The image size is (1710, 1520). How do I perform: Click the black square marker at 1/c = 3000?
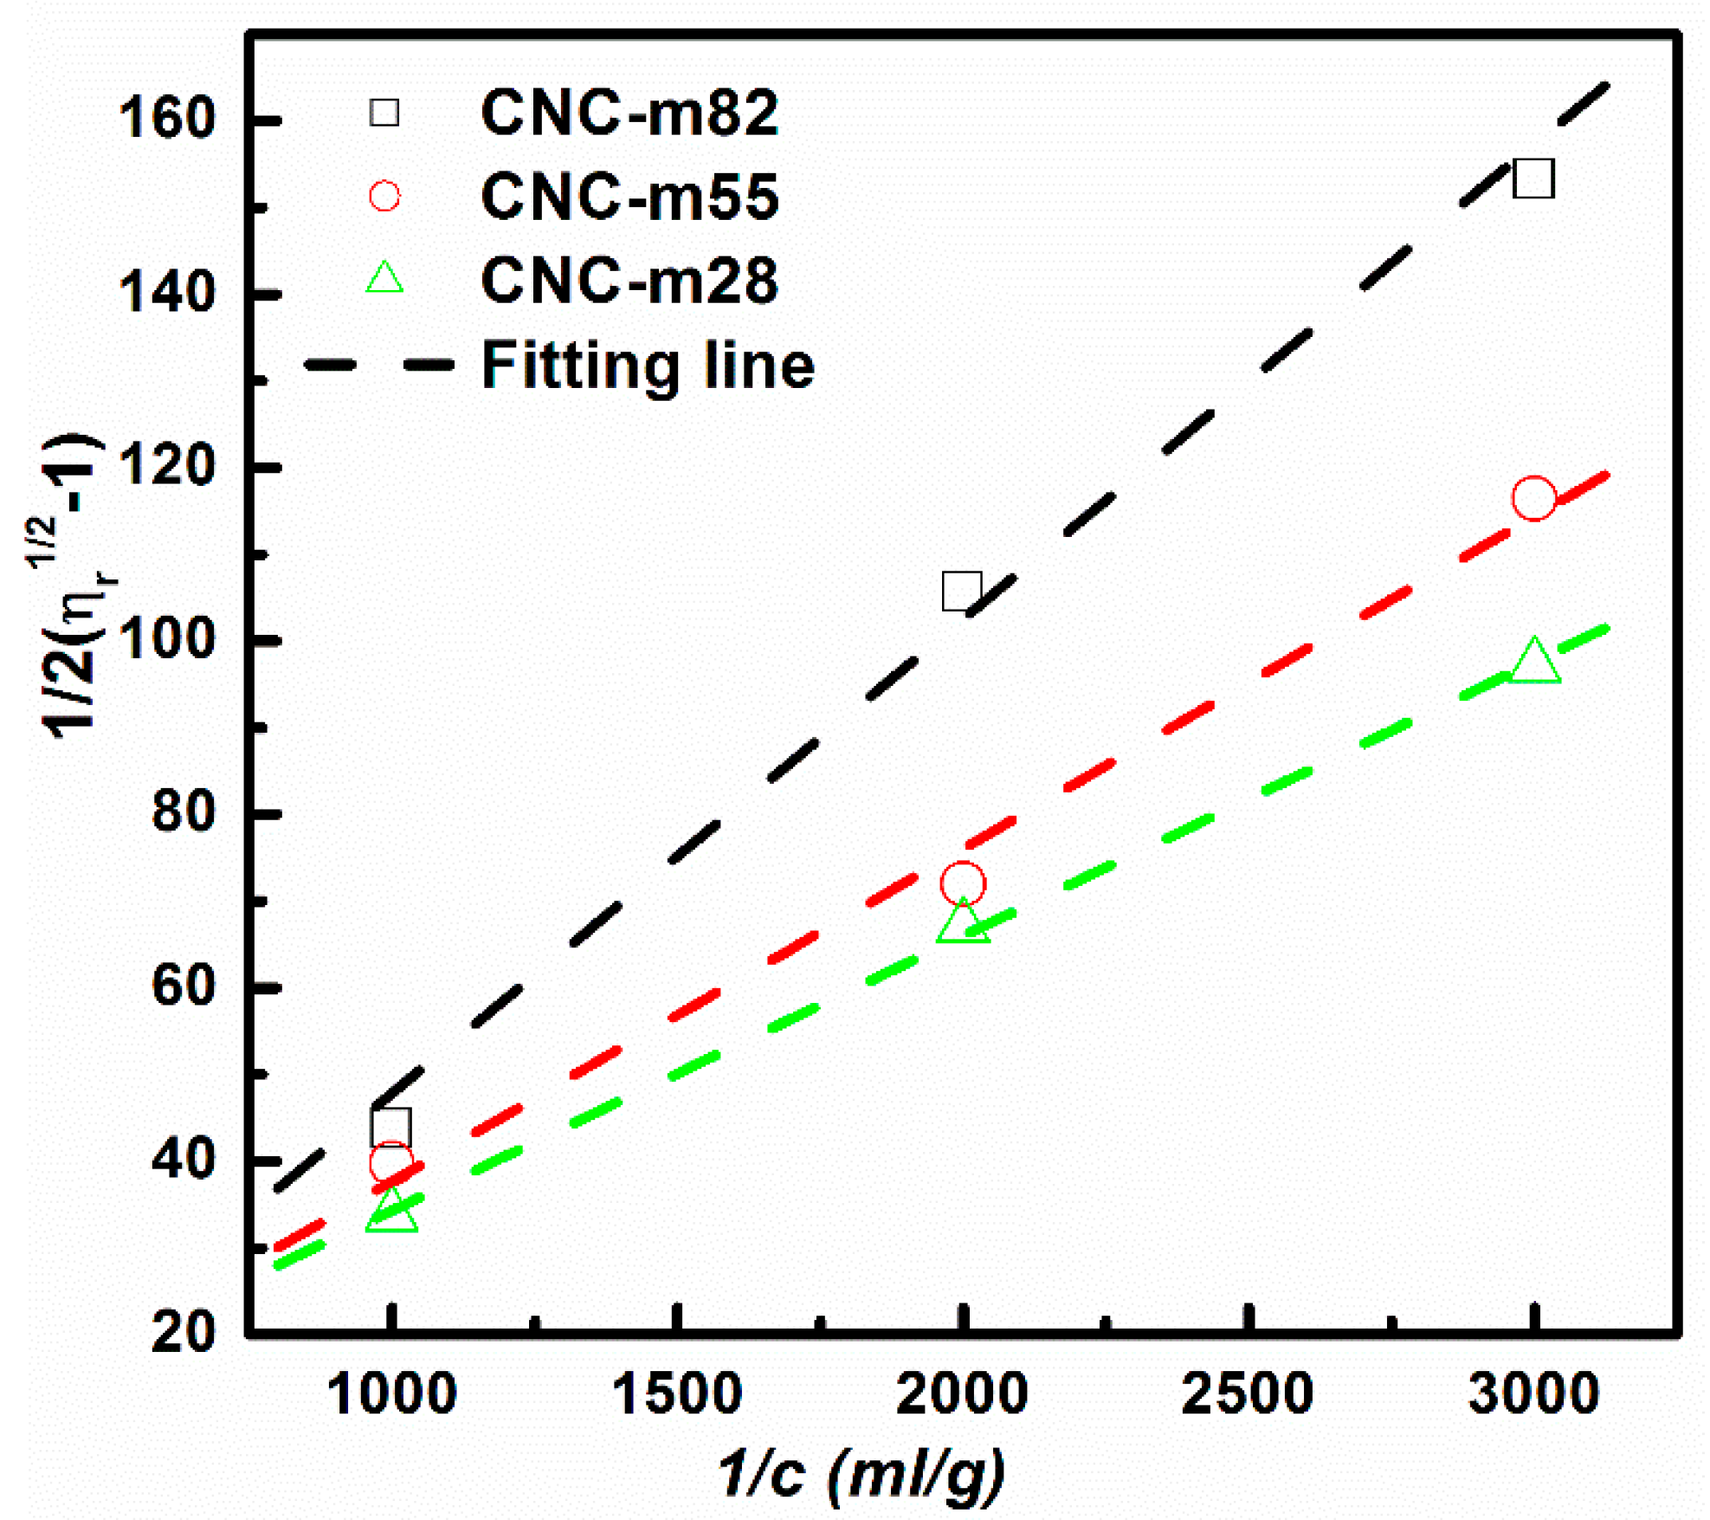click(1533, 178)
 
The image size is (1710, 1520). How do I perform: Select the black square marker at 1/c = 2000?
click(961, 591)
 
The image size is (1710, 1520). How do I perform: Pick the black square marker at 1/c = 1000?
click(390, 1127)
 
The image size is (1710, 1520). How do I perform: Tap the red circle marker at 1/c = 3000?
click(1533, 498)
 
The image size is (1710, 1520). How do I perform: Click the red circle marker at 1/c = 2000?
click(962, 884)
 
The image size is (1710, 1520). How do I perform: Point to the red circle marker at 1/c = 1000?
click(390, 1163)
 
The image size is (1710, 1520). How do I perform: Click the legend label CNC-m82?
click(629, 113)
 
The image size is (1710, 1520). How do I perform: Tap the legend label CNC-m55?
click(629, 197)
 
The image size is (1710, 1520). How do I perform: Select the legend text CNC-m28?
click(629, 280)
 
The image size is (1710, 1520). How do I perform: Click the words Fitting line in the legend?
click(648, 365)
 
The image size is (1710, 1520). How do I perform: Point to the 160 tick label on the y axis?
click(165, 119)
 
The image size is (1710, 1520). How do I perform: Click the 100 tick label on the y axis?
click(165, 640)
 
